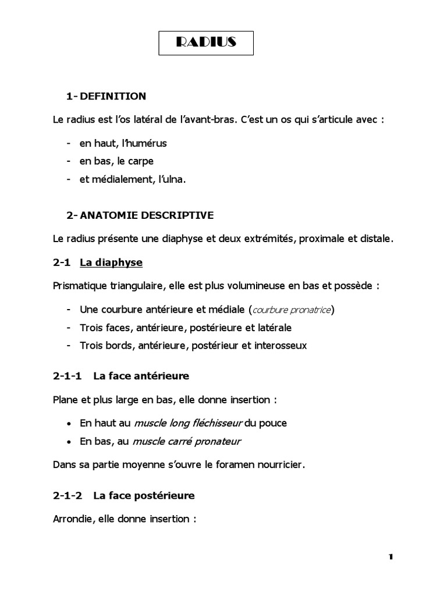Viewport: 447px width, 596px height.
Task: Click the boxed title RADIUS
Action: click(206, 42)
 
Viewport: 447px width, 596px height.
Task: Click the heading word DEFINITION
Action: click(113, 96)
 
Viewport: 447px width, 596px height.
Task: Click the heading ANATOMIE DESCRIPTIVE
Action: click(147, 215)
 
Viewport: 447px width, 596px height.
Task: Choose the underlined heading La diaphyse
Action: click(111, 262)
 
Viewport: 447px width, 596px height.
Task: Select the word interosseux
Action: click(281, 345)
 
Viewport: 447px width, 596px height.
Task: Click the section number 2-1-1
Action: click(68, 376)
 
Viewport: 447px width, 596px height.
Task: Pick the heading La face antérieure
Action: click(141, 376)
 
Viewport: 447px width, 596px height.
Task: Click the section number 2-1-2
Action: click(68, 496)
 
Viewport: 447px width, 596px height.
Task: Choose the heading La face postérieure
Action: click(144, 496)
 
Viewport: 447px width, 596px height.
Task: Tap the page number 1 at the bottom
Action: click(391, 557)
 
